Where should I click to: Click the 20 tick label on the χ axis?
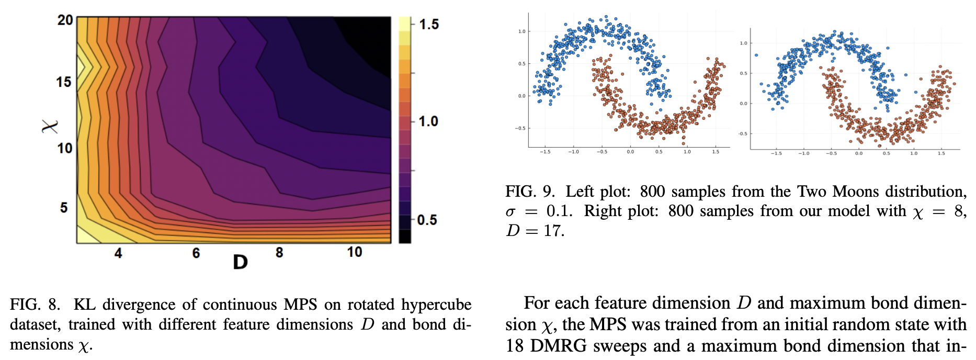pos(65,20)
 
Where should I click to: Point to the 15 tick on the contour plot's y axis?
pos(64,82)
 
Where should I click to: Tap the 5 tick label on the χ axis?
pos(64,208)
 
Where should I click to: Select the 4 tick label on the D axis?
pos(118,253)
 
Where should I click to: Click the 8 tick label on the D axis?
pos(279,253)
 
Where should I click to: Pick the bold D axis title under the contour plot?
pos(240,262)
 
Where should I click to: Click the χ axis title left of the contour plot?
pos(50,126)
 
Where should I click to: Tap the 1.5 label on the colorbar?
pos(428,25)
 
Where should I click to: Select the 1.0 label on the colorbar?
pos(428,121)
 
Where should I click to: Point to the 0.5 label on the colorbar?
pos(427,220)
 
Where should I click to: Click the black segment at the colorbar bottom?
pos(405,236)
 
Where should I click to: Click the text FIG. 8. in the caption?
pos(35,305)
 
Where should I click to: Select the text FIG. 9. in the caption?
pos(530,192)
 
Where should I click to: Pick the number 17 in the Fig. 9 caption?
pos(552,231)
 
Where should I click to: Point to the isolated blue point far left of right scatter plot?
pos(756,55)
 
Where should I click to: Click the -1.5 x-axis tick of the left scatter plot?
pos(544,152)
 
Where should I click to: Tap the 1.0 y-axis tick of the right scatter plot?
pos(743,43)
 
